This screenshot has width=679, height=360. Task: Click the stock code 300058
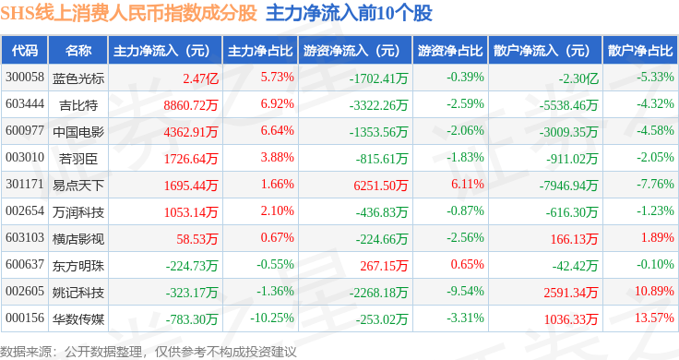click(25, 78)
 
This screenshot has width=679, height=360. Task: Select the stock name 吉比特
click(78, 105)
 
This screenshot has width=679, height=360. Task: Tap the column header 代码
click(25, 51)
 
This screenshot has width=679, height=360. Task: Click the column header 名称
click(78, 51)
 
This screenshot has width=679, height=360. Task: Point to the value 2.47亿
click(200, 78)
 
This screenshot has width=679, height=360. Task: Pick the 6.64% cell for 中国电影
click(277, 130)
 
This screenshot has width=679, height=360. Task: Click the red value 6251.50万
click(381, 186)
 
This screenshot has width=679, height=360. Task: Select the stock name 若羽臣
click(78, 159)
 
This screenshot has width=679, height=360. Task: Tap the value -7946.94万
click(568, 186)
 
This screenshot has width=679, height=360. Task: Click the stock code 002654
click(25, 211)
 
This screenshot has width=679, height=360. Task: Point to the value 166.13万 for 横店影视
click(574, 239)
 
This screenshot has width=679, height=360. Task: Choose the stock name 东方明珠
click(78, 266)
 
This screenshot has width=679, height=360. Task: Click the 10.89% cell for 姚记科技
click(654, 291)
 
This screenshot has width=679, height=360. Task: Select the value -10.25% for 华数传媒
click(272, 318)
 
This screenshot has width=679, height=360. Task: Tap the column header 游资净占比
click(450, 51)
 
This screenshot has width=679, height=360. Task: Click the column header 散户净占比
click(640, 51)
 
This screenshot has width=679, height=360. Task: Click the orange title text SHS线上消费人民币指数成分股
click(128, 13)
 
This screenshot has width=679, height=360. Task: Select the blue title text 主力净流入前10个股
click(349, 13)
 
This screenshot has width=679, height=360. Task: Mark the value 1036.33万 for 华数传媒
click(571, 319)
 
